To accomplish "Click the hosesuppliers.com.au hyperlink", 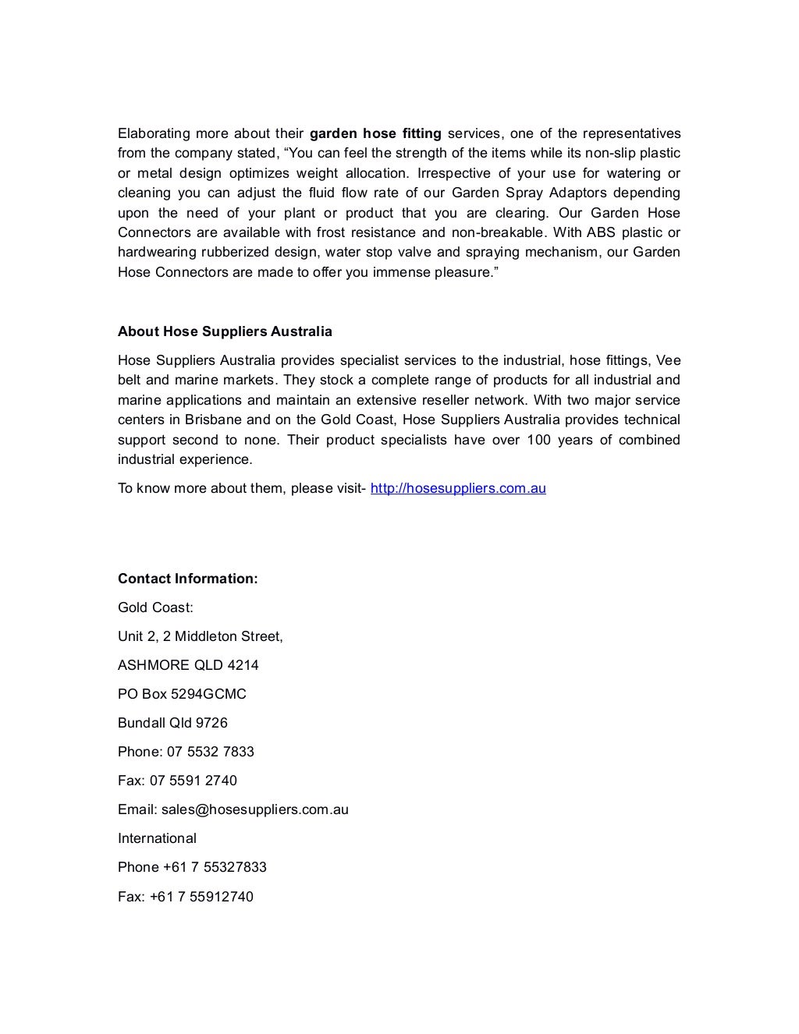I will coord(458,489).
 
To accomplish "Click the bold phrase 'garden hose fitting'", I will coord(375,133).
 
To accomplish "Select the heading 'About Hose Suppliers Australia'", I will coord(225,331).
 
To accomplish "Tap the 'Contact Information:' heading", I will coord(187,579).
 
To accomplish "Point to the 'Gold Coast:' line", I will coord(155,607).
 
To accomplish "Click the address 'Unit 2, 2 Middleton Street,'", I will coord(200,636).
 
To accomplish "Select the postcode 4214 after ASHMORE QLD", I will coord(243,665).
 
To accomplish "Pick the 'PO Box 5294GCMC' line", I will coord(182,694).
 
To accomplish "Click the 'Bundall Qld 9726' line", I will coord(172,723).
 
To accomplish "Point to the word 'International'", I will coord(157,838).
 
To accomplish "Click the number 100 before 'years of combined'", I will coord(538,440).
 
